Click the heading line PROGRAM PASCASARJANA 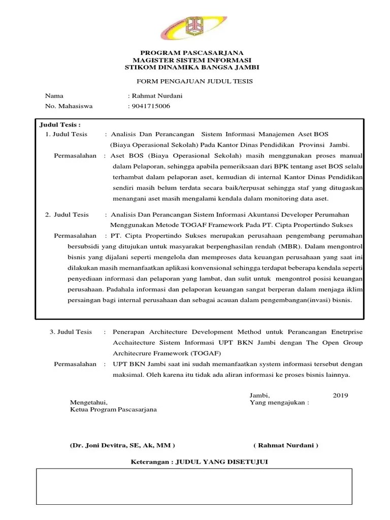click(x=192, y=53)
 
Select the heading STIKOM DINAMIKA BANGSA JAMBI click(x=192, y=68)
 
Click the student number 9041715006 click(x=151, y=106)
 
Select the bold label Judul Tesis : click(x=60, y=124)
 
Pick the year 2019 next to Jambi click(x=340, y=395)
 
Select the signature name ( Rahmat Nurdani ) click(x=285, y=445)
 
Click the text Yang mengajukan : click(x=279, y=403)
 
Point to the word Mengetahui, click(x=88, y=403)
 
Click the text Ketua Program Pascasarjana click(x=113, y=410)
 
